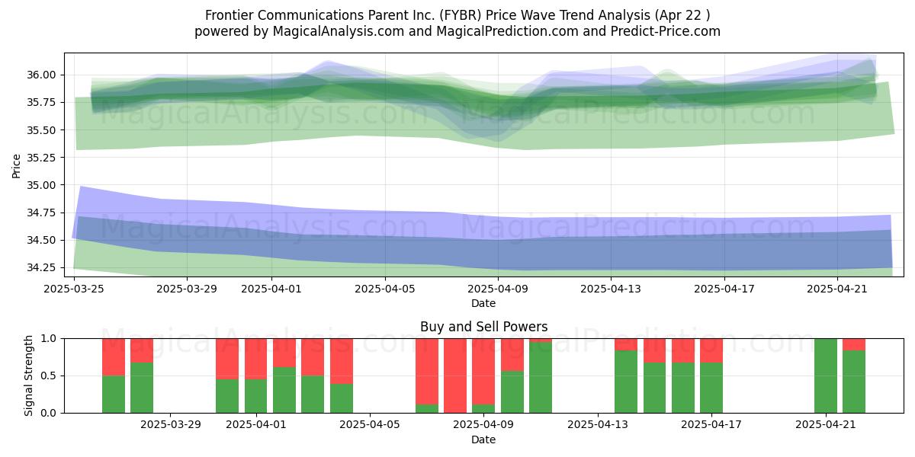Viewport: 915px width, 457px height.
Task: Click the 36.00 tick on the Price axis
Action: coord(41,75)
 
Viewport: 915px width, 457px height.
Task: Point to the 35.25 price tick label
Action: coord(41,158)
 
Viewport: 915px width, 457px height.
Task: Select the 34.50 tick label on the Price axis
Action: coord(41,240)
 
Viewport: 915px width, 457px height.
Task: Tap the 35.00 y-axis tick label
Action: coord(41,185)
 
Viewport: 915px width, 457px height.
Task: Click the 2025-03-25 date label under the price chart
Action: coord(74,289)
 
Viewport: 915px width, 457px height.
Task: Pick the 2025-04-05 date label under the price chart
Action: coord(385,289)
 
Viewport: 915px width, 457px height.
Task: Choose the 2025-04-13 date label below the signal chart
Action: coord(598,425)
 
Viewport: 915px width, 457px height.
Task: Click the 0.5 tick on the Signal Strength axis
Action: coord(49,376)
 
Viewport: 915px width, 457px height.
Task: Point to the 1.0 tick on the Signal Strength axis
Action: coord(49,339)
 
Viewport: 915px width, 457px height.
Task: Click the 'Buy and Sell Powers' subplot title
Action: coord(483,327)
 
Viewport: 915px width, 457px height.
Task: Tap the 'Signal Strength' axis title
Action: coord(28,376)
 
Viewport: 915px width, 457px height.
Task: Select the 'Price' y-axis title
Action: coord(16,166)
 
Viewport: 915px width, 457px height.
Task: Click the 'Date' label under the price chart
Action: coord(483,303)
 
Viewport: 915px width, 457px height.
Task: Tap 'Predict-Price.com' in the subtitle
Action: coord(666,31)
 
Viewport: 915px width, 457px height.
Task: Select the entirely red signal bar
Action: coord(455,376)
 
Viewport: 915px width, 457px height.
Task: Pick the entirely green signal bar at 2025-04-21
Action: coord(826,376)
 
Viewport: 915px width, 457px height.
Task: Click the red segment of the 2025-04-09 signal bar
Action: coord(483,372)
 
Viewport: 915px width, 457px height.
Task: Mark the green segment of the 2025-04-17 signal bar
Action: coord(711,388)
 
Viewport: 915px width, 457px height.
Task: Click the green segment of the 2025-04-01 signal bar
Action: coord(255,396)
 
